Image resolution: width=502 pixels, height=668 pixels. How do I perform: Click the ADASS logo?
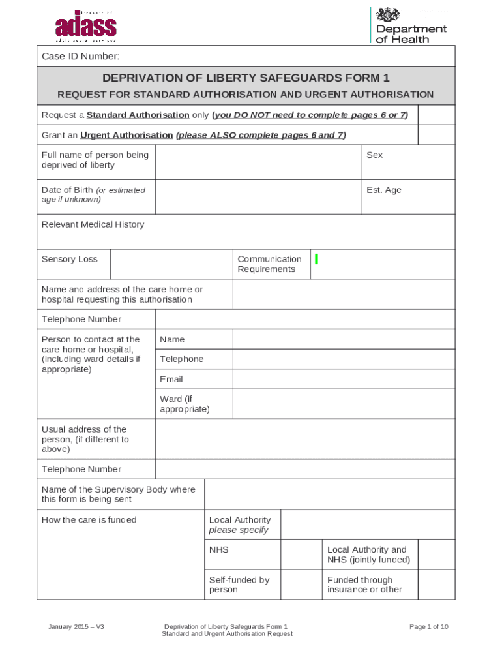tap(85, 26)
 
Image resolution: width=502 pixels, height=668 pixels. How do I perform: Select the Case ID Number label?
tap(80, 57)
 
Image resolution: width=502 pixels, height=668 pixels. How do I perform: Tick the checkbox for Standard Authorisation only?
tap(436, 115)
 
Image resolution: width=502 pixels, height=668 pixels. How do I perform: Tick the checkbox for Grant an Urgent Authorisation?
tap(436, 135)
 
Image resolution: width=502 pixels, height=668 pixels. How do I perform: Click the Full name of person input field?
tap(258, 162)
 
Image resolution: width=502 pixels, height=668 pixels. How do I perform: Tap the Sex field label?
tap(375, 155)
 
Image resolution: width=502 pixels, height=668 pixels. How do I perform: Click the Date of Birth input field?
tap(258, 197)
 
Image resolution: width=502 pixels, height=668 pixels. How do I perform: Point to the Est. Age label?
tap(384, 190)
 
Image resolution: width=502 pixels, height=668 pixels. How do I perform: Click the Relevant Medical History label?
tap(93, 225)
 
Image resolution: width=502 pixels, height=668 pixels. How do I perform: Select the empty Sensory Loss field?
tap(171, 264)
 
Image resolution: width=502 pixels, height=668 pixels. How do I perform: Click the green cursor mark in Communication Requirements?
tap(316, 260)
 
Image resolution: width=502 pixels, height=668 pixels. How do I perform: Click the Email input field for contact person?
tap(344, 379)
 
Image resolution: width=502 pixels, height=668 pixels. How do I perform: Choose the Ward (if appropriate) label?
tap(185, 404)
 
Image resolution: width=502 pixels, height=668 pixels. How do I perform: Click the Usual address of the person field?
tap(304, 439)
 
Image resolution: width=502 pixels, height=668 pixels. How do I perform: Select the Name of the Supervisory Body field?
tap(329, 494)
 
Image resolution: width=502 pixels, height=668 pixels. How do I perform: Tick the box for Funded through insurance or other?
tap(436, 584)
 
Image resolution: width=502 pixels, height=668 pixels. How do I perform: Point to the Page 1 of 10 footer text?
tap(428, 627)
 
